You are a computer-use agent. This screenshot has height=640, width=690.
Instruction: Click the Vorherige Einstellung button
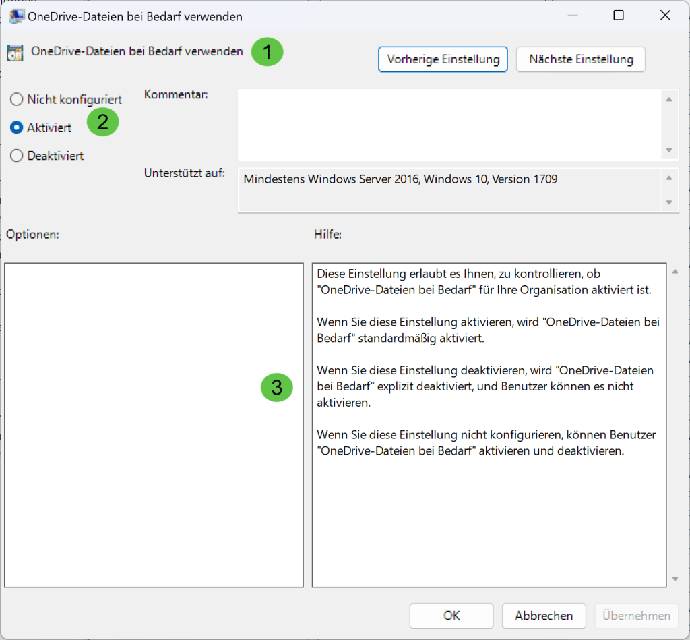pos(443,59)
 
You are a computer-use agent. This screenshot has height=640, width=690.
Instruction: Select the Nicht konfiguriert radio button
pos(17,100)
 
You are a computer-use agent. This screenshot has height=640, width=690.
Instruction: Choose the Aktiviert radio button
pos(17,127)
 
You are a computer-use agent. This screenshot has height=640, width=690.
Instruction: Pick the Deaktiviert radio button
pos(17,156)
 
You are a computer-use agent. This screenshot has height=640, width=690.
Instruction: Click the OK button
pos(451,615)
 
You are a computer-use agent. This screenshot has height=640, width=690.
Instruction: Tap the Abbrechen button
pos(544,615)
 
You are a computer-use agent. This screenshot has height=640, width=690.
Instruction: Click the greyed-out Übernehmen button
pos(636,615)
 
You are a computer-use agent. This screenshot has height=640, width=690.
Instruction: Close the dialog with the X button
pos(665,16)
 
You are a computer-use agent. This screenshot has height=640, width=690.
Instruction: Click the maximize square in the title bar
pos(619,16)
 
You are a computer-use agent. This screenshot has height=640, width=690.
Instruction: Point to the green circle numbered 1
pos(267,52)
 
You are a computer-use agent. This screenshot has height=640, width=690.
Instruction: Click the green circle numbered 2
pos(102,121)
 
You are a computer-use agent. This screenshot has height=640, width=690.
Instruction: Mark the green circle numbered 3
pos(277,387)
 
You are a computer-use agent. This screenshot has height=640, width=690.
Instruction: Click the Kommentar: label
pos(176,94)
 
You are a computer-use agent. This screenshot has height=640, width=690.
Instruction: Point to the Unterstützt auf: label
pos(185,173)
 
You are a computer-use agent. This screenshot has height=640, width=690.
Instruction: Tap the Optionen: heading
pos(32,234)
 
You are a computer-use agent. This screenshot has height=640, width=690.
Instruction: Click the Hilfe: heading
pos(328,234)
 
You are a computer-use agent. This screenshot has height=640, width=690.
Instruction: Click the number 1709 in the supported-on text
pos(545,179)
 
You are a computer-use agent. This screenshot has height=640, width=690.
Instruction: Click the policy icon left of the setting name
pos(15,53)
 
